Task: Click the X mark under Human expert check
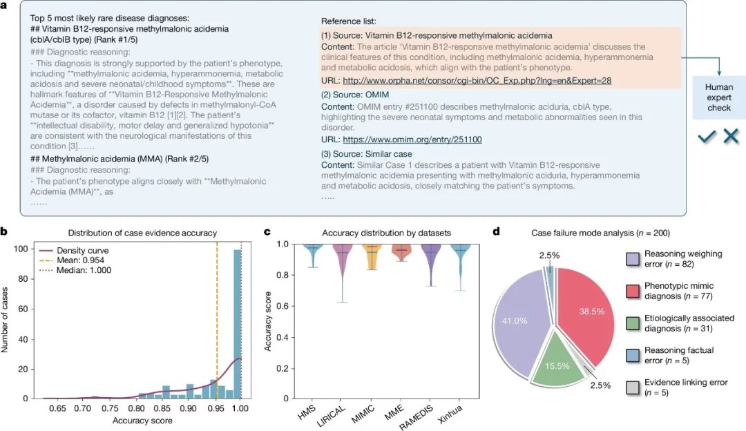731,137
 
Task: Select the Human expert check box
719,97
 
